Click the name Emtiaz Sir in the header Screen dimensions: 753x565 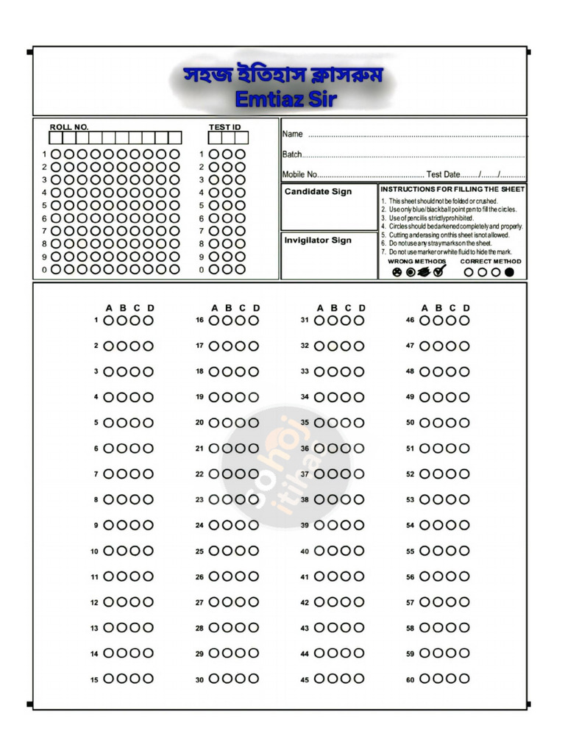click(x=285, y=99)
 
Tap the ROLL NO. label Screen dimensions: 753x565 click(x=69, y=127)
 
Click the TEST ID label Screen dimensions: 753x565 click(x=225, y=127)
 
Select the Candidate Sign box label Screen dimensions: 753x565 click(x=318, y=192)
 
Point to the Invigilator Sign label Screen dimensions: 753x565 click(x=318, y=240)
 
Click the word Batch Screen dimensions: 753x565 click(x=292, y=154)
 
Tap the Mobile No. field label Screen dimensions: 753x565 click(x=299, y=174)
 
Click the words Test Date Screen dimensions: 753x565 click(x=444, y=174)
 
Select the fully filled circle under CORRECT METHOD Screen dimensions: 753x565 click(x=509, y=272)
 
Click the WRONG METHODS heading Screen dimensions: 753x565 click(x=416, y=261)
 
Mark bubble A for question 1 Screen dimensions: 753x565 click(x=109, y=321)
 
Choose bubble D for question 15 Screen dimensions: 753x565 click(x=148, y=679)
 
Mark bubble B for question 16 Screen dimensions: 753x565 click(x=227, y=321)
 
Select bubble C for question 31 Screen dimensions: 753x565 click(x=346, y=321)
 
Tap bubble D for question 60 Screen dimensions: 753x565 click(x=464, y=679)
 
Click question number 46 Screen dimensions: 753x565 click(x=411, y=321)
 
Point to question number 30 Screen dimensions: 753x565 click(x=199, y=680)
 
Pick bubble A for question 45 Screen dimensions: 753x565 click(x=319, y=679)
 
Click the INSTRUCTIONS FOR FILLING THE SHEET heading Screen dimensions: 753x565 click(x=452, y=190)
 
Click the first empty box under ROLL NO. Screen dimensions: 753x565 click(x=55, y=138)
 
